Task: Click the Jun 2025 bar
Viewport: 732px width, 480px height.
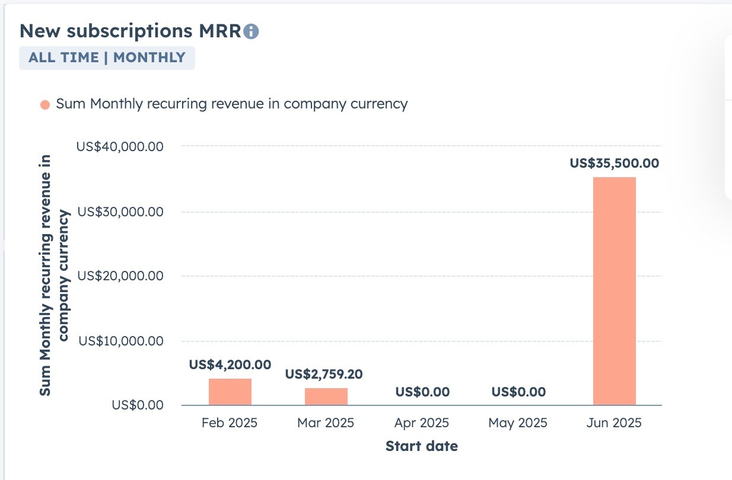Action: point(614,291)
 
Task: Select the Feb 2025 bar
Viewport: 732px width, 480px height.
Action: point(230,392)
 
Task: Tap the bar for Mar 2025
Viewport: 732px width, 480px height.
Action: point(326,396)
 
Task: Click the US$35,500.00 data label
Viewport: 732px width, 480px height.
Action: point(614,163)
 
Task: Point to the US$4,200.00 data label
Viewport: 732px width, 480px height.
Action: point(230,364)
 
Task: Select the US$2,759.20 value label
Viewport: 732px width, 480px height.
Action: point(324,374)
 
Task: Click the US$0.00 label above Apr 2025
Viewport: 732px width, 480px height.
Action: point(422,392)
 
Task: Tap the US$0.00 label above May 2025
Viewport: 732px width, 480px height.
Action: point(518,392)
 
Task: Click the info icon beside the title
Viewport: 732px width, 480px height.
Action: point(252,31)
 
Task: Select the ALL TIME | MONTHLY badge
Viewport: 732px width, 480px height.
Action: point(107,57)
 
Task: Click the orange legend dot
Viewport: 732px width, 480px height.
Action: point(45,105)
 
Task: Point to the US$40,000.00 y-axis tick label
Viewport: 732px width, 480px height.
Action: point(120,146)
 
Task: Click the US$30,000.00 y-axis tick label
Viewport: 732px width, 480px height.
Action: point(120,212)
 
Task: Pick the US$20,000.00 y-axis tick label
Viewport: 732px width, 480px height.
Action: point(120,276)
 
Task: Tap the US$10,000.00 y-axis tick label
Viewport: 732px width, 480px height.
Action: point(121,341)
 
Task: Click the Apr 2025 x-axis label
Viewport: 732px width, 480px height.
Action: point(422,423)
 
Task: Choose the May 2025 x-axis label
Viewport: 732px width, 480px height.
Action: point(518,423)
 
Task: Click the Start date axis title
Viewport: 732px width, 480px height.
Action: point(422,446)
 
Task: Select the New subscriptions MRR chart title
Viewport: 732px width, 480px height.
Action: point(131,31)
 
